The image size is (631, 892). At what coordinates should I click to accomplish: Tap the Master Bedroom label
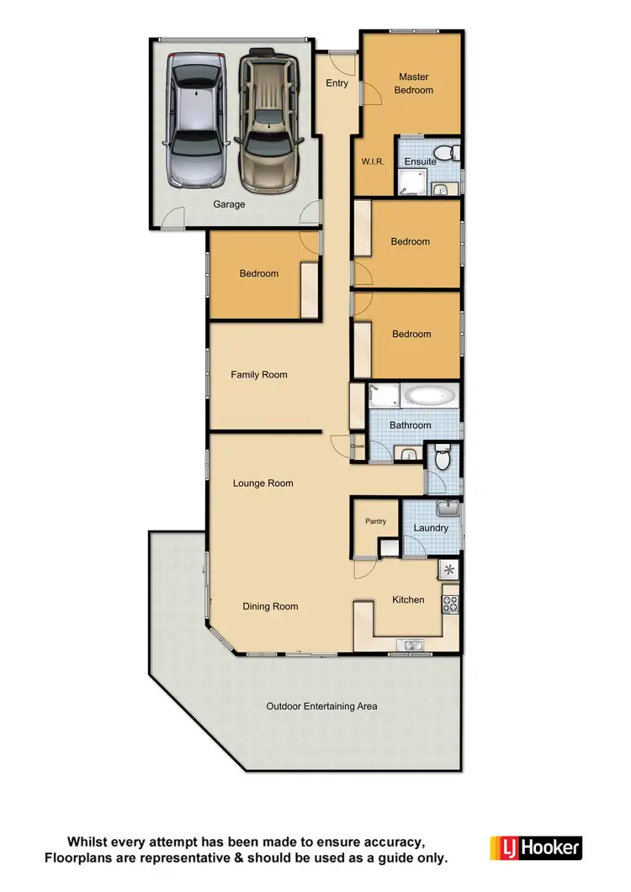[414, 83]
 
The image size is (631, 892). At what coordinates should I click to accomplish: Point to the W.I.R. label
[373, 162]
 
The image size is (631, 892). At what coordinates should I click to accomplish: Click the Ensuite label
[420, 161]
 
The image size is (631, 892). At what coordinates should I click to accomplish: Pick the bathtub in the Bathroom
[430, 395]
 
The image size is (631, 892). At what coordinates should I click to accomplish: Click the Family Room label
[259, 375]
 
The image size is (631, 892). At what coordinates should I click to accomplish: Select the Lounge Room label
[263, 483]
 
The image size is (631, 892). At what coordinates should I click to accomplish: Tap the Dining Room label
[270, 606]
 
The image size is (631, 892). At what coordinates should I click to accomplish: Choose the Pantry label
[375, 521]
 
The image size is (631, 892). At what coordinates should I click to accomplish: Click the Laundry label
[431, 528]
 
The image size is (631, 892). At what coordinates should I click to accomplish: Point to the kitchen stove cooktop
[450, 602]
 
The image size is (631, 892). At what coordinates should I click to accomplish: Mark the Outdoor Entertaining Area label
[321, 706]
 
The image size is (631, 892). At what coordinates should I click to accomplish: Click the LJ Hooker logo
[536, 847]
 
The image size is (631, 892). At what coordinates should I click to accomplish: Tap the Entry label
[337, 83]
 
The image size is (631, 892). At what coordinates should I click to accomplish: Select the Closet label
[358, 446]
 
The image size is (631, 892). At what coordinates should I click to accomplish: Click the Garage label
[229, 204]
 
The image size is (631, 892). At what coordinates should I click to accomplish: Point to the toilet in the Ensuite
[453, 151]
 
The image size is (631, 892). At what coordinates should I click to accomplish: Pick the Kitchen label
[408, 599]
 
